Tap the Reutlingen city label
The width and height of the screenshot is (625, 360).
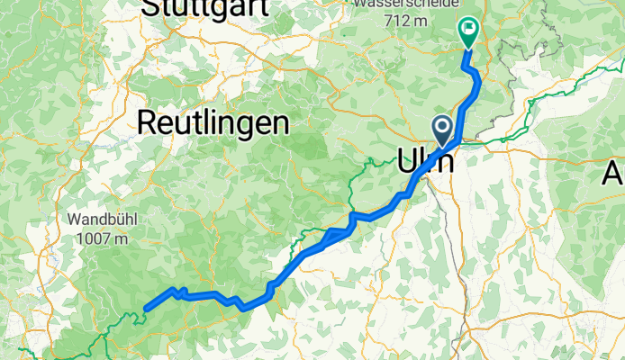[213, 123]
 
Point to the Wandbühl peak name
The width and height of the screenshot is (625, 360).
[99, 218]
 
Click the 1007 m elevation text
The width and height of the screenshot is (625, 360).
[99, 238]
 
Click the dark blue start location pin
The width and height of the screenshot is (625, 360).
[443, 129]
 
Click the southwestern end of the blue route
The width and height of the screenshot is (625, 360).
[145, 309]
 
